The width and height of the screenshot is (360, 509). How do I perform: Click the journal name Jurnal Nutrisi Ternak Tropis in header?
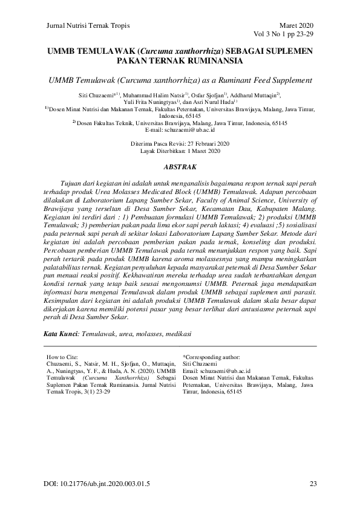tap(88, 25)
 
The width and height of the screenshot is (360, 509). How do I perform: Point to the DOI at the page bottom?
tap(97, 484)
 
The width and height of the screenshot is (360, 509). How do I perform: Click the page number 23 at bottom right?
tap(313, 484)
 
